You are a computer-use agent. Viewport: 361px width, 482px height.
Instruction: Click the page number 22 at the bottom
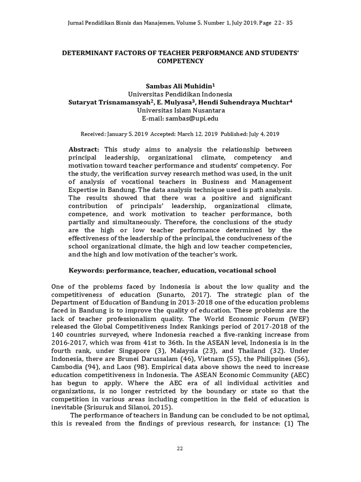(x=180, y=448)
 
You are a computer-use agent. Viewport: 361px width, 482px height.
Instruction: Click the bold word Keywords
(x=86, y=271)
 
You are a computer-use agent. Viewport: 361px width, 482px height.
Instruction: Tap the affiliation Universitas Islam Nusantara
(x=180, y=110)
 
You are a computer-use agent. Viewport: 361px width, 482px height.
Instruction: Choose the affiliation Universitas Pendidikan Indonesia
(x=180, y=94)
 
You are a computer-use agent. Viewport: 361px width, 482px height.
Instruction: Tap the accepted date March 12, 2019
(x=194, y=134)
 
